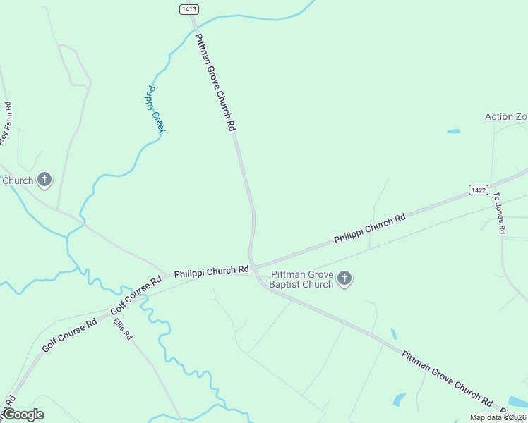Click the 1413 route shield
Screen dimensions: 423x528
pyautogui.click(x=189, y=9)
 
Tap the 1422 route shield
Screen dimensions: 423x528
pyautogui.click(x=478, y=190)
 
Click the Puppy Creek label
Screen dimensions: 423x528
pyautogui.click(x=156, y=109)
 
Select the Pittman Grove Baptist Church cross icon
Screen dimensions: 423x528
pyautogui.click(x=344, y=278)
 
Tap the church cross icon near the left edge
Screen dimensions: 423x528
pyautogui.click(x=44, y=180)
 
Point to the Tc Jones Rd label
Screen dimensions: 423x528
pyautogui.click(x=500, y=213)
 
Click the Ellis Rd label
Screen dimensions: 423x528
pyautogui.click(x=123, y=329)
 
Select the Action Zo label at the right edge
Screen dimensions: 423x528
pyautogui.click(x=506, y=116)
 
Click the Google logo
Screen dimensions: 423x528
pyautogui.click(x=23, y=415)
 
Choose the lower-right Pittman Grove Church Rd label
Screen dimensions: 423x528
pyautogui.click(x=447, y=378)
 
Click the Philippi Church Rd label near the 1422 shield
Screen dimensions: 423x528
pyautogui.click(x=370, y=228)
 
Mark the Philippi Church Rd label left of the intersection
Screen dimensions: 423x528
pyautogui.click(x=212, y=270)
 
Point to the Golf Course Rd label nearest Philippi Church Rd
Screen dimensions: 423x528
pyautogui.click(x=137, y=295)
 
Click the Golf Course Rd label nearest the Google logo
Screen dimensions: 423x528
pyautogui.click(x=69, y=336)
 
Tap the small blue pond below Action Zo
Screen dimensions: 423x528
pyautogui.click(x=453, y=131)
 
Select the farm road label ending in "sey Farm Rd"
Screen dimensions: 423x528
pyautogui.click(x=7, y=126)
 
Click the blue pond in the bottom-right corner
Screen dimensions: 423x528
pyautogui.click(x=400, y=399)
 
